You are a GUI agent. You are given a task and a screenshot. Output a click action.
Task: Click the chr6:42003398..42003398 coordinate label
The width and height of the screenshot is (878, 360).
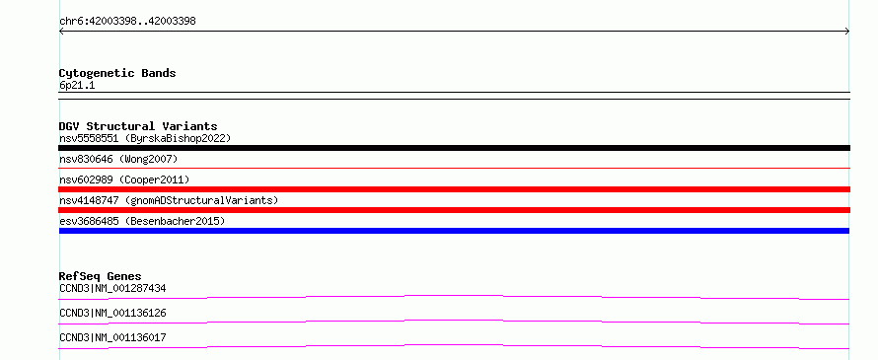click(127, 22)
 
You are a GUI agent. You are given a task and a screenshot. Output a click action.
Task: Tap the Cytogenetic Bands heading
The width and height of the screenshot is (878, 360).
click(117, 73)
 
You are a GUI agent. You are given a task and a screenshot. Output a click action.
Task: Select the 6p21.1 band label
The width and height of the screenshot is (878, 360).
click(77, 85)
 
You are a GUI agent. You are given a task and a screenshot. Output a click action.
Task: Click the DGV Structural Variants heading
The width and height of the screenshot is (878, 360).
click(138, 126)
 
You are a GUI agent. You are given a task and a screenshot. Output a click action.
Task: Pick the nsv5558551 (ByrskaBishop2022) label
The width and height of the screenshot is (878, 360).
click(145, 138)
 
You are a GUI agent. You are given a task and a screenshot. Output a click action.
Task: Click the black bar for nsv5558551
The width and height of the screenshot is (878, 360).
click(454, 148)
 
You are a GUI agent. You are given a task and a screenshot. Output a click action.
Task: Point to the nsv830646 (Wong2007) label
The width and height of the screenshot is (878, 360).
click(118, 159)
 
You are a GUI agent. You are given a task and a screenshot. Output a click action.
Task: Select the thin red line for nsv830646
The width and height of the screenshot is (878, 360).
click(454, 168)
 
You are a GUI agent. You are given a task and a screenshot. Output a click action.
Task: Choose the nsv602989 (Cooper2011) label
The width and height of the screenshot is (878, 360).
click(124, 180)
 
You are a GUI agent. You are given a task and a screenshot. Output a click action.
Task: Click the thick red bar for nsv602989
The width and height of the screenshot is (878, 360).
click(454, 189)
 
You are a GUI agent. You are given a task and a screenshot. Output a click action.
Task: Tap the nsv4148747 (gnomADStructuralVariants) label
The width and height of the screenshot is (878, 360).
click(169, 200)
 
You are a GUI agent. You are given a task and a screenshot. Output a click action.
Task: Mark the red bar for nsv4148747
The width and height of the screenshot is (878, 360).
click(454, 210)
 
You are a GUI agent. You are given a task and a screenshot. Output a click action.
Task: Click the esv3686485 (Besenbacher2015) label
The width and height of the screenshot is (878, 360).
click(142, 221)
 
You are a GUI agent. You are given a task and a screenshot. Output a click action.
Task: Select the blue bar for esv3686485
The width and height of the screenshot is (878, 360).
click(454, 231)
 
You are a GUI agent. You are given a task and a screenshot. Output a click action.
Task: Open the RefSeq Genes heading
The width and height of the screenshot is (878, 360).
click(101, 276)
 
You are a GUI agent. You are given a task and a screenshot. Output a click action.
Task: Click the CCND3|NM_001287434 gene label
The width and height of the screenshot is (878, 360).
click(112, 288)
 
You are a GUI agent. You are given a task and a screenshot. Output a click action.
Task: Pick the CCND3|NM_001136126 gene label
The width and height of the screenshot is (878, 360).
click(112, 313)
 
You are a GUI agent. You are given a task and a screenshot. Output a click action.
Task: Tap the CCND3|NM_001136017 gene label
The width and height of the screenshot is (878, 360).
click(112, 337)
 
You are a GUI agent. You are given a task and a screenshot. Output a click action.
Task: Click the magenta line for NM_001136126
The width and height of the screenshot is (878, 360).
click(454, 322)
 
